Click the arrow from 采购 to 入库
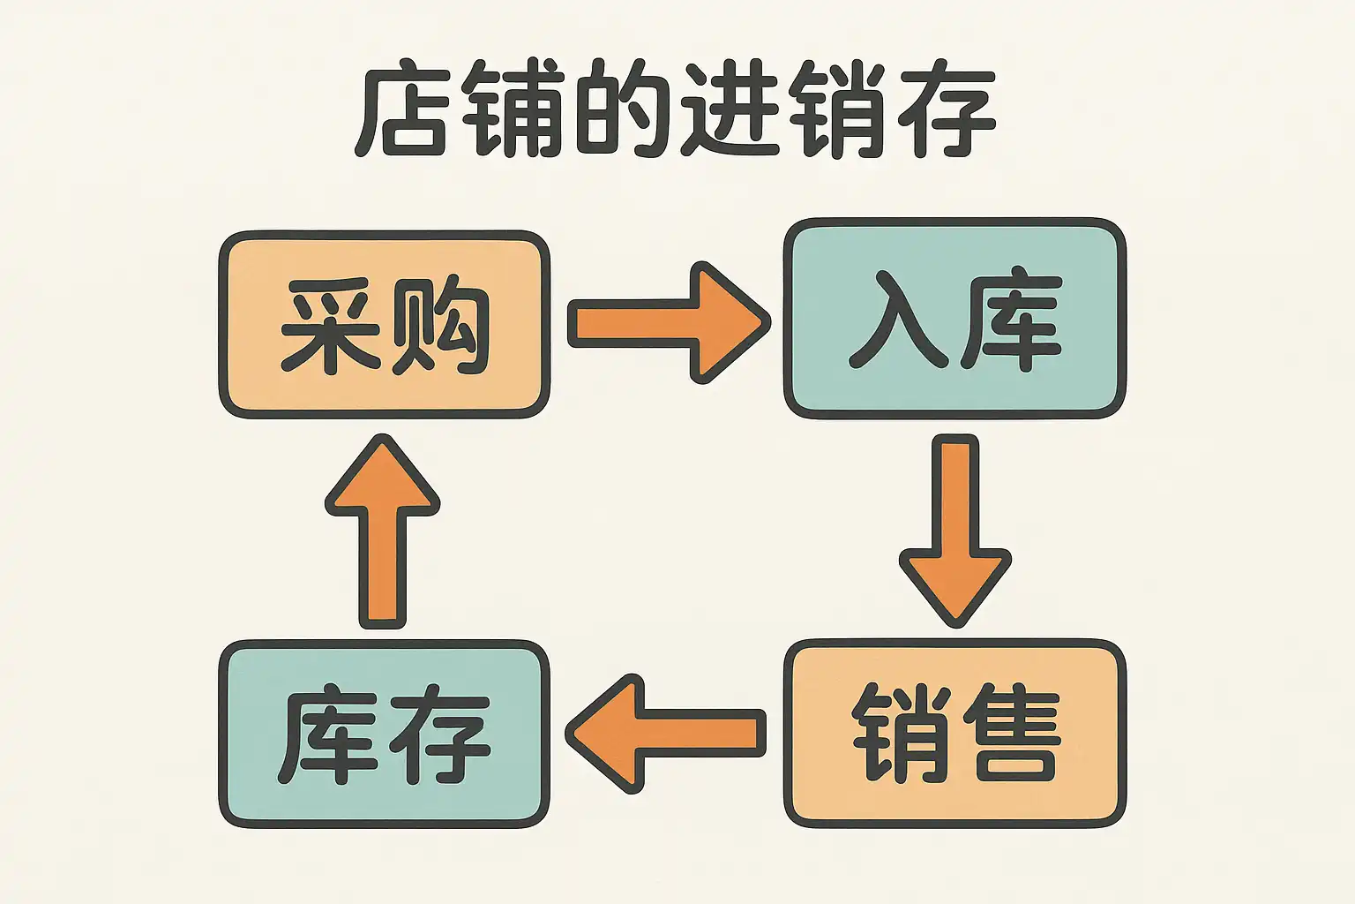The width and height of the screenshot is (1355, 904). [666, 322]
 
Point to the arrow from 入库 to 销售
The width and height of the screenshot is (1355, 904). [954, 530]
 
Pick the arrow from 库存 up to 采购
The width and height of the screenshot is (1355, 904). [383, 530]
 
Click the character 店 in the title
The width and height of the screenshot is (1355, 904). [401, 110]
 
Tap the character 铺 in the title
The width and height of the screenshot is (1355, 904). [512, 110]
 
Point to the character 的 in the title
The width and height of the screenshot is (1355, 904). [623, 110]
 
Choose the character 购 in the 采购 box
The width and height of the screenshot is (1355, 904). [438, 325]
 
